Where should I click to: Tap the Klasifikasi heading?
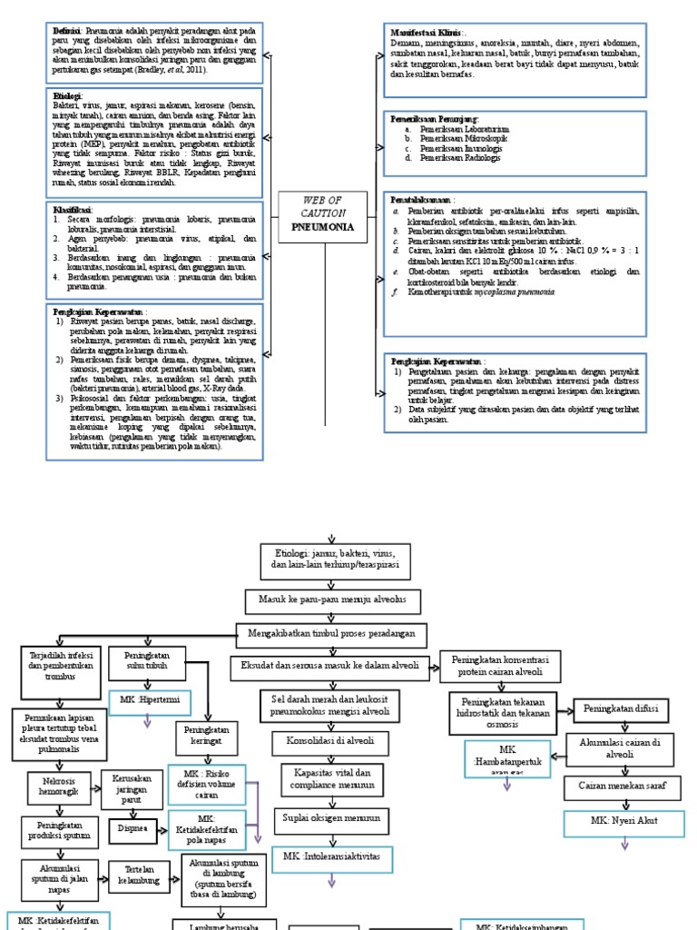tap(73, 210)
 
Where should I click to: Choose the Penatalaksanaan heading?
tap(421, 198)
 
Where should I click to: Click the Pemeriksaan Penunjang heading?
tap(432, 119)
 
